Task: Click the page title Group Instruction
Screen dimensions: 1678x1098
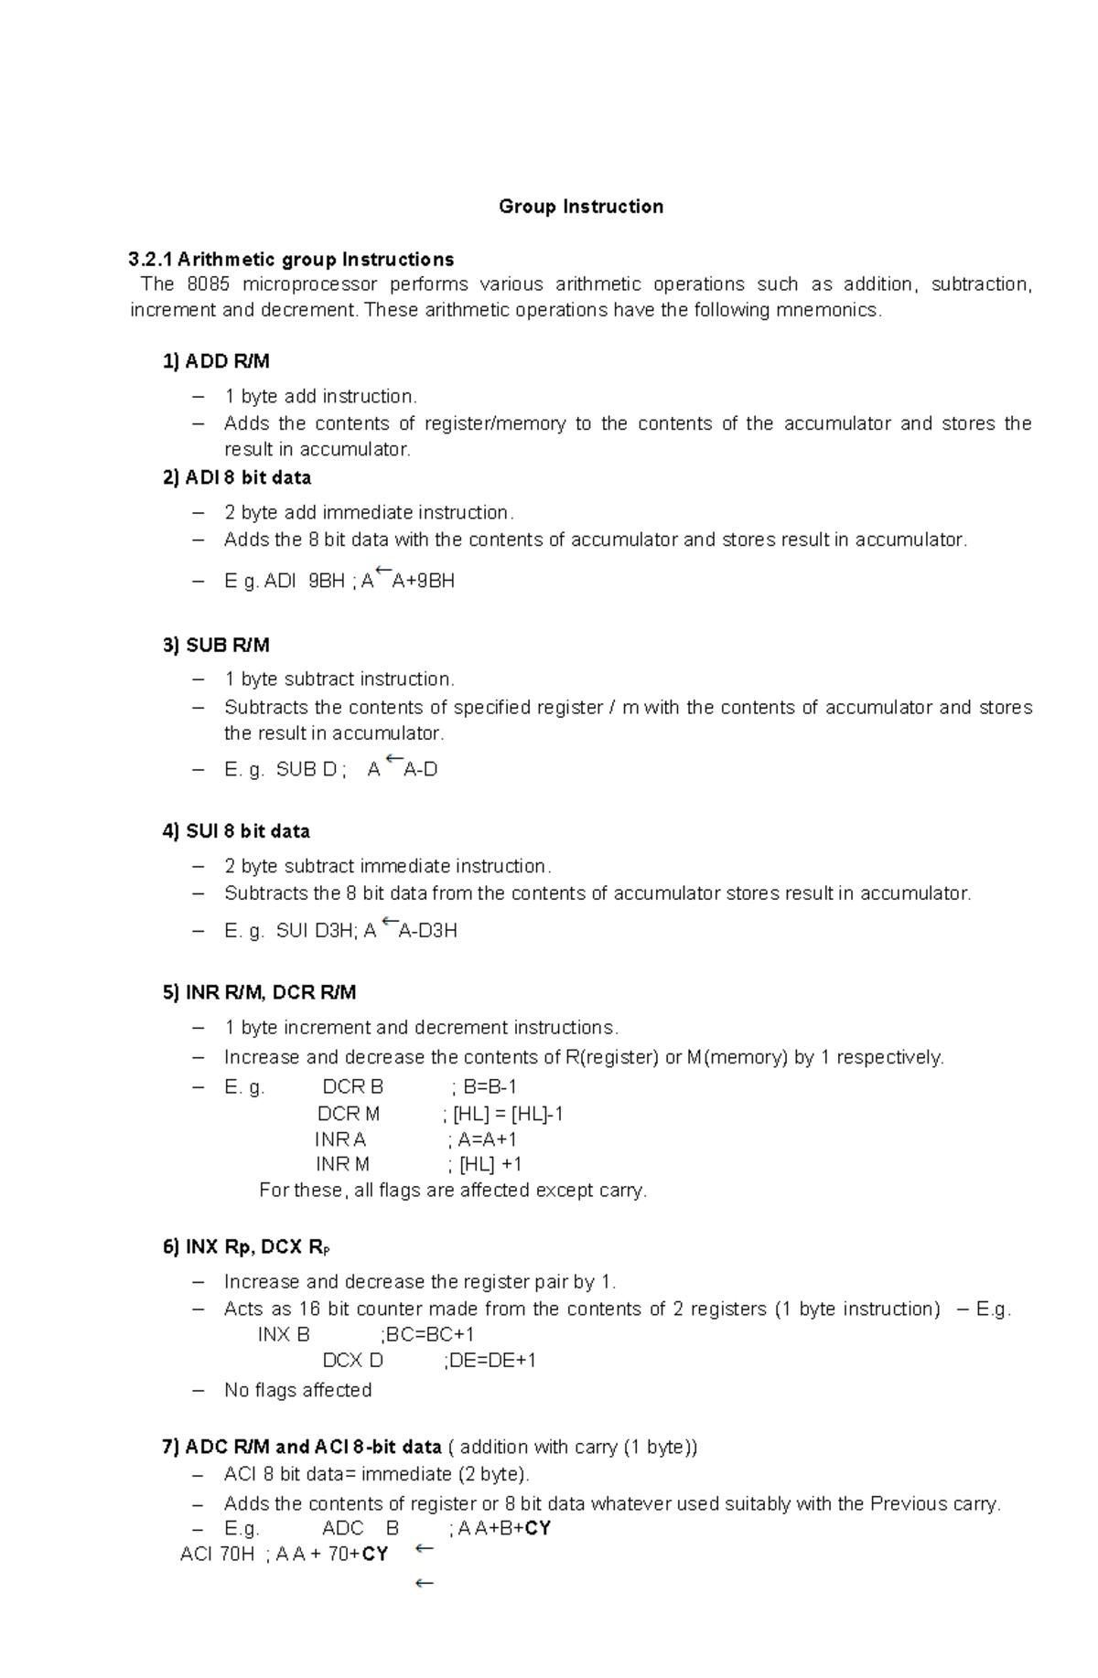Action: (581, 207)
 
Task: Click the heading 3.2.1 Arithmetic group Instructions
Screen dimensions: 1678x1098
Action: (292, 259)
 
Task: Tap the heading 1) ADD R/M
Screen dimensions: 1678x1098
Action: (216, 361)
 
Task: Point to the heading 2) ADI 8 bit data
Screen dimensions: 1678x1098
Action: (237, 477)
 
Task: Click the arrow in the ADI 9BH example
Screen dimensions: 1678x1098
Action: (383, 573)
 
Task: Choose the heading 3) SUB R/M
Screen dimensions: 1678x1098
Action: (216, 646)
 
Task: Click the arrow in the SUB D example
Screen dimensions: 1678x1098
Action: (394, 760)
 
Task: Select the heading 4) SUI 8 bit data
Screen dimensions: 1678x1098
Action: (236, 831)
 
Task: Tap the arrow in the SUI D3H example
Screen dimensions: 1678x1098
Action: (388, 922)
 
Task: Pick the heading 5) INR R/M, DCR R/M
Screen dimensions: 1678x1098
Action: (259, 992)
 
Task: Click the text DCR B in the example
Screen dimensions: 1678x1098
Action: (353, 1087)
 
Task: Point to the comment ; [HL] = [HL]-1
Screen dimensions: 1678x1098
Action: (502, 1114)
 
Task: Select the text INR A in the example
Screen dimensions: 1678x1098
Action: (340, 1139)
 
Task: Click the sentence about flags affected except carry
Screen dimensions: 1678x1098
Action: (453, 1191)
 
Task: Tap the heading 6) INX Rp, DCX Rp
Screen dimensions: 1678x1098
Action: (244, 1247)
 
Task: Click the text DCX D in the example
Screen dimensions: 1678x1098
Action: (353, 1361)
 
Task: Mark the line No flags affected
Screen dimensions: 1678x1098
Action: (297, 1391)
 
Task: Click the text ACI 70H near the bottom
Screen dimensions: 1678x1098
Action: (217, 1555)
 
